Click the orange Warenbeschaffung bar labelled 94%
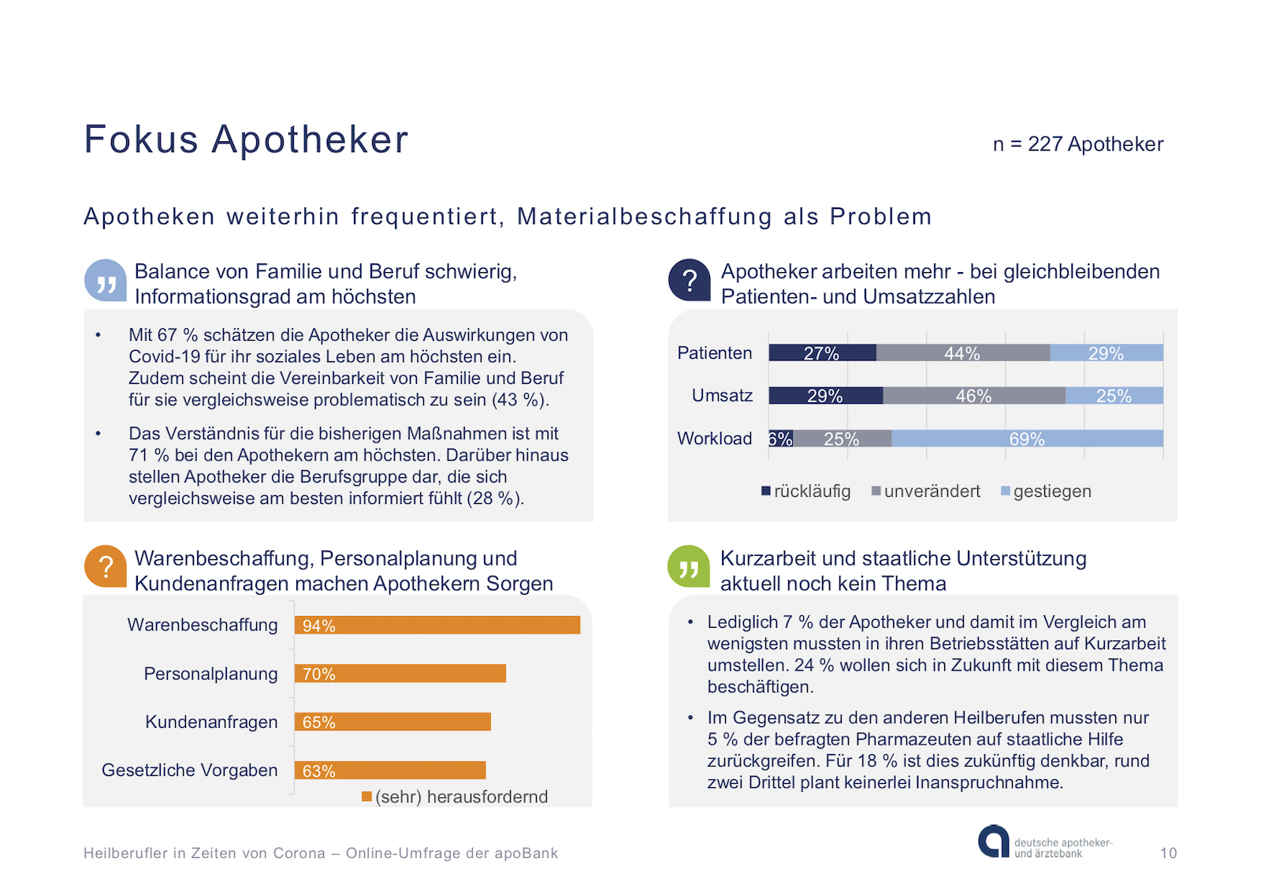point(437,625)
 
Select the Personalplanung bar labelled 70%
point(400,674)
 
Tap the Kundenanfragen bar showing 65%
point(392,722)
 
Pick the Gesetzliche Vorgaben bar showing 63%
point(390,771)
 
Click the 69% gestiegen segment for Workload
point(1027,439)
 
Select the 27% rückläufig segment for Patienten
point(822,353)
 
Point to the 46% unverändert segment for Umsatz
point(974,396)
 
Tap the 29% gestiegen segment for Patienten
point(1107,353)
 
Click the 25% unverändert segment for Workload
point(842,439)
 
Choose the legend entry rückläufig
point(806,491)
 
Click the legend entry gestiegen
point(1046,491)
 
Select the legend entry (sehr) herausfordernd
point(455,797)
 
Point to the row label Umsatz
point(722,395)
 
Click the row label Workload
point(715,439)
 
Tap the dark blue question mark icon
point(690,280)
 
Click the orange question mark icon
point(106,566)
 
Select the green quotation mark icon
point(689,566)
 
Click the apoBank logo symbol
point(993,842)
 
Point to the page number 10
point(1168,853)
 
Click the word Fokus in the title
point(141,140)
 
